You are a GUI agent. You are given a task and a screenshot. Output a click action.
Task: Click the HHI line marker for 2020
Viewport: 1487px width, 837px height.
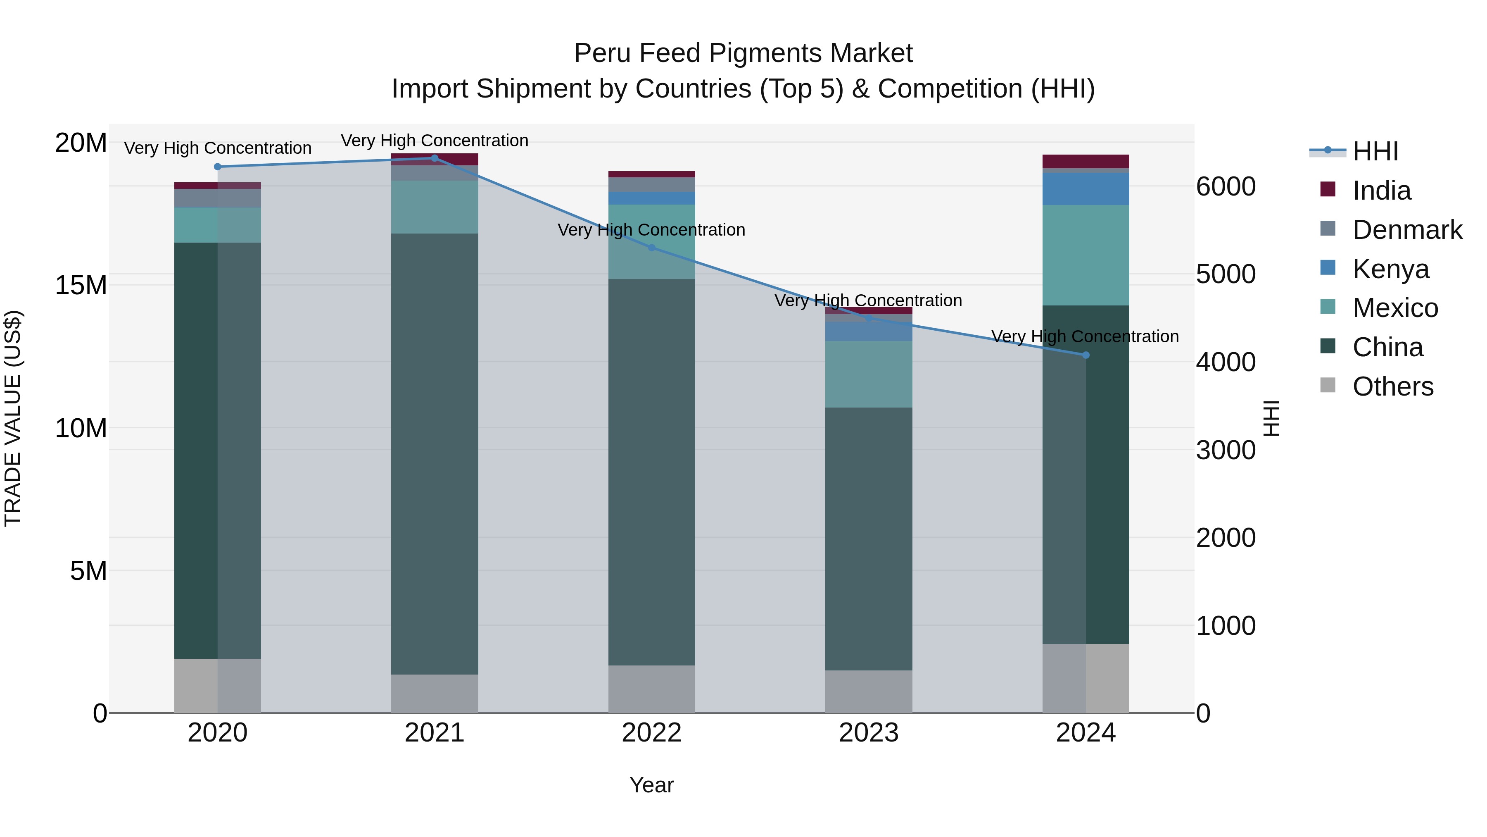pos(218,167)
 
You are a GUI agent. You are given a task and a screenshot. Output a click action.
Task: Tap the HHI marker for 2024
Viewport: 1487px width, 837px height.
pos(1086,355)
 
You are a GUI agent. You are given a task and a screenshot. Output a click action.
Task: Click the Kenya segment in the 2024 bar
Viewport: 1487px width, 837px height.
pos(1086,189)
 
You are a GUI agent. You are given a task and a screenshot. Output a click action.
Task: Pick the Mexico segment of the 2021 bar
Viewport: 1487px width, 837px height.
pos(435,207)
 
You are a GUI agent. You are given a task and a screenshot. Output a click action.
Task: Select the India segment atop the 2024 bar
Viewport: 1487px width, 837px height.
pos(1086,161)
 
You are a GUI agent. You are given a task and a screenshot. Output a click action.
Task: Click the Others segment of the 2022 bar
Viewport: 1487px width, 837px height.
pos(652,689)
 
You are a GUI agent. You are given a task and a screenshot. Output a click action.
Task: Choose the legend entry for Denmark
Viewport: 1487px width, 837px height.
pos(1407,230)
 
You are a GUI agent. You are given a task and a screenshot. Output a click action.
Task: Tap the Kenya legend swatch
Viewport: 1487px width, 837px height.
pos(1328,268)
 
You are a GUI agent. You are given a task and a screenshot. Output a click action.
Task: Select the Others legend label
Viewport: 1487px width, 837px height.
pos(1392,386)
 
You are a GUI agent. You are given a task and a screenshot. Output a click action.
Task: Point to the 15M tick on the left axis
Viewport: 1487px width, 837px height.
pos(81,285)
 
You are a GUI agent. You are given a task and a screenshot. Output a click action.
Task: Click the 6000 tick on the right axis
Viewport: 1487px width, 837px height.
pos(1226,186)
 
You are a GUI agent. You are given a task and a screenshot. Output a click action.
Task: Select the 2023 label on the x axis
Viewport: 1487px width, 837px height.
pos(869,733)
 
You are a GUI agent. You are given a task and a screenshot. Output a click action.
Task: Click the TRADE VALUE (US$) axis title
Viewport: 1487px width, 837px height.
pos(13,418)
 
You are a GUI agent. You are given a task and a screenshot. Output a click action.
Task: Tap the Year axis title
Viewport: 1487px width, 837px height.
pos(652,785)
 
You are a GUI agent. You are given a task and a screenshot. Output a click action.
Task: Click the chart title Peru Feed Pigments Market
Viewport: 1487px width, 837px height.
pos(743,53)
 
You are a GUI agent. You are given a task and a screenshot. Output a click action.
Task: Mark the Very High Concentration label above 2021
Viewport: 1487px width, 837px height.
pos(435,141)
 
